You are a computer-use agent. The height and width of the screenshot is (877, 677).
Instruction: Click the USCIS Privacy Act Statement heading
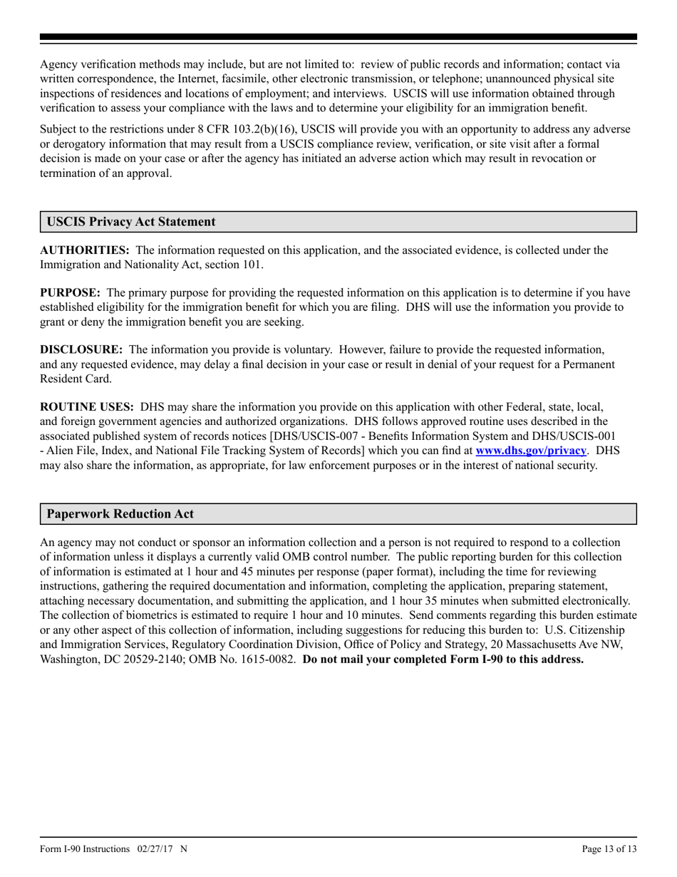(x=131, y=222)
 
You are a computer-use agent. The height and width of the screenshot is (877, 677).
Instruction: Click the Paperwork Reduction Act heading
(x=120, y=514)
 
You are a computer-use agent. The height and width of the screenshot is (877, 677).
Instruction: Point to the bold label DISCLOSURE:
(x=81, y=350)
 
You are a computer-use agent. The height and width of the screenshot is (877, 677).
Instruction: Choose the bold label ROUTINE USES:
(x=87, y=407)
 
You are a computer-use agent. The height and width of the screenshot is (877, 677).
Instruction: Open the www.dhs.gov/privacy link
(x=531, y=451)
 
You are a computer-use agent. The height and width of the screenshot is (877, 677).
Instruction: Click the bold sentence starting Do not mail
(x=443, y=659)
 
